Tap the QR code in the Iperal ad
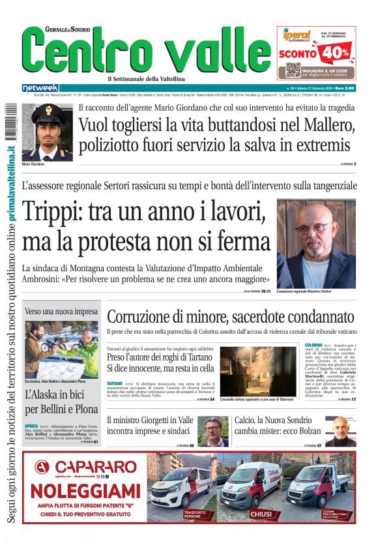[293, 70]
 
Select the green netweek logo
[40, 87]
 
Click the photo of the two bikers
[63, 349]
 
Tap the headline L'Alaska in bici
[61, 401]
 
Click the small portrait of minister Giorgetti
[212, 430]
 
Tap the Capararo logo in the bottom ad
[78, 467]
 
